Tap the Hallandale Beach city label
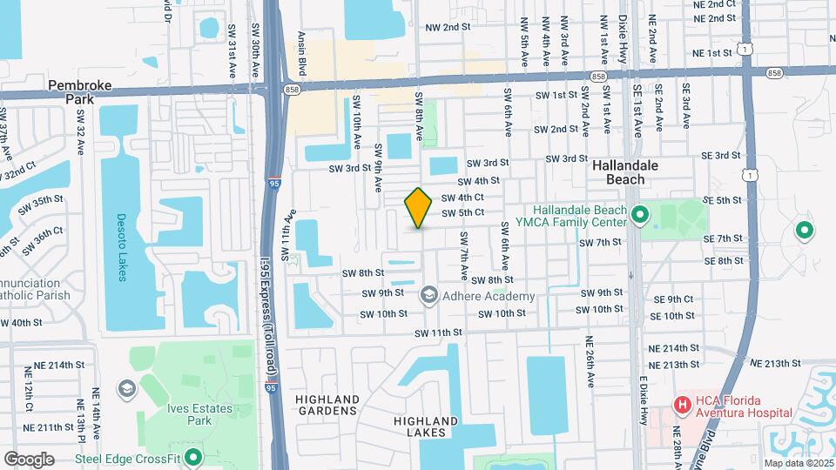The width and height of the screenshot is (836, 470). click(630, 171)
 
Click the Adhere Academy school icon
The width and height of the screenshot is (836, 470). click(428, 296)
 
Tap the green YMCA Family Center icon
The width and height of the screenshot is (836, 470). click(642, 213)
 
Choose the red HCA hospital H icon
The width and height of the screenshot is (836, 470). click(682, 405)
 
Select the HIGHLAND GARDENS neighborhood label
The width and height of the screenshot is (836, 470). click(327, 404)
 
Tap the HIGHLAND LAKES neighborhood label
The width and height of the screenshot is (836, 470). click(426, 426)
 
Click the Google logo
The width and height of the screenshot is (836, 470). click(29, 459)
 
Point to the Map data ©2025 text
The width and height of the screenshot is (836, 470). click(797, 463)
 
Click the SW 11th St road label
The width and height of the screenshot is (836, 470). click(437, 332)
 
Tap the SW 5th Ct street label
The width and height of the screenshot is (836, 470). click(462, 212)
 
